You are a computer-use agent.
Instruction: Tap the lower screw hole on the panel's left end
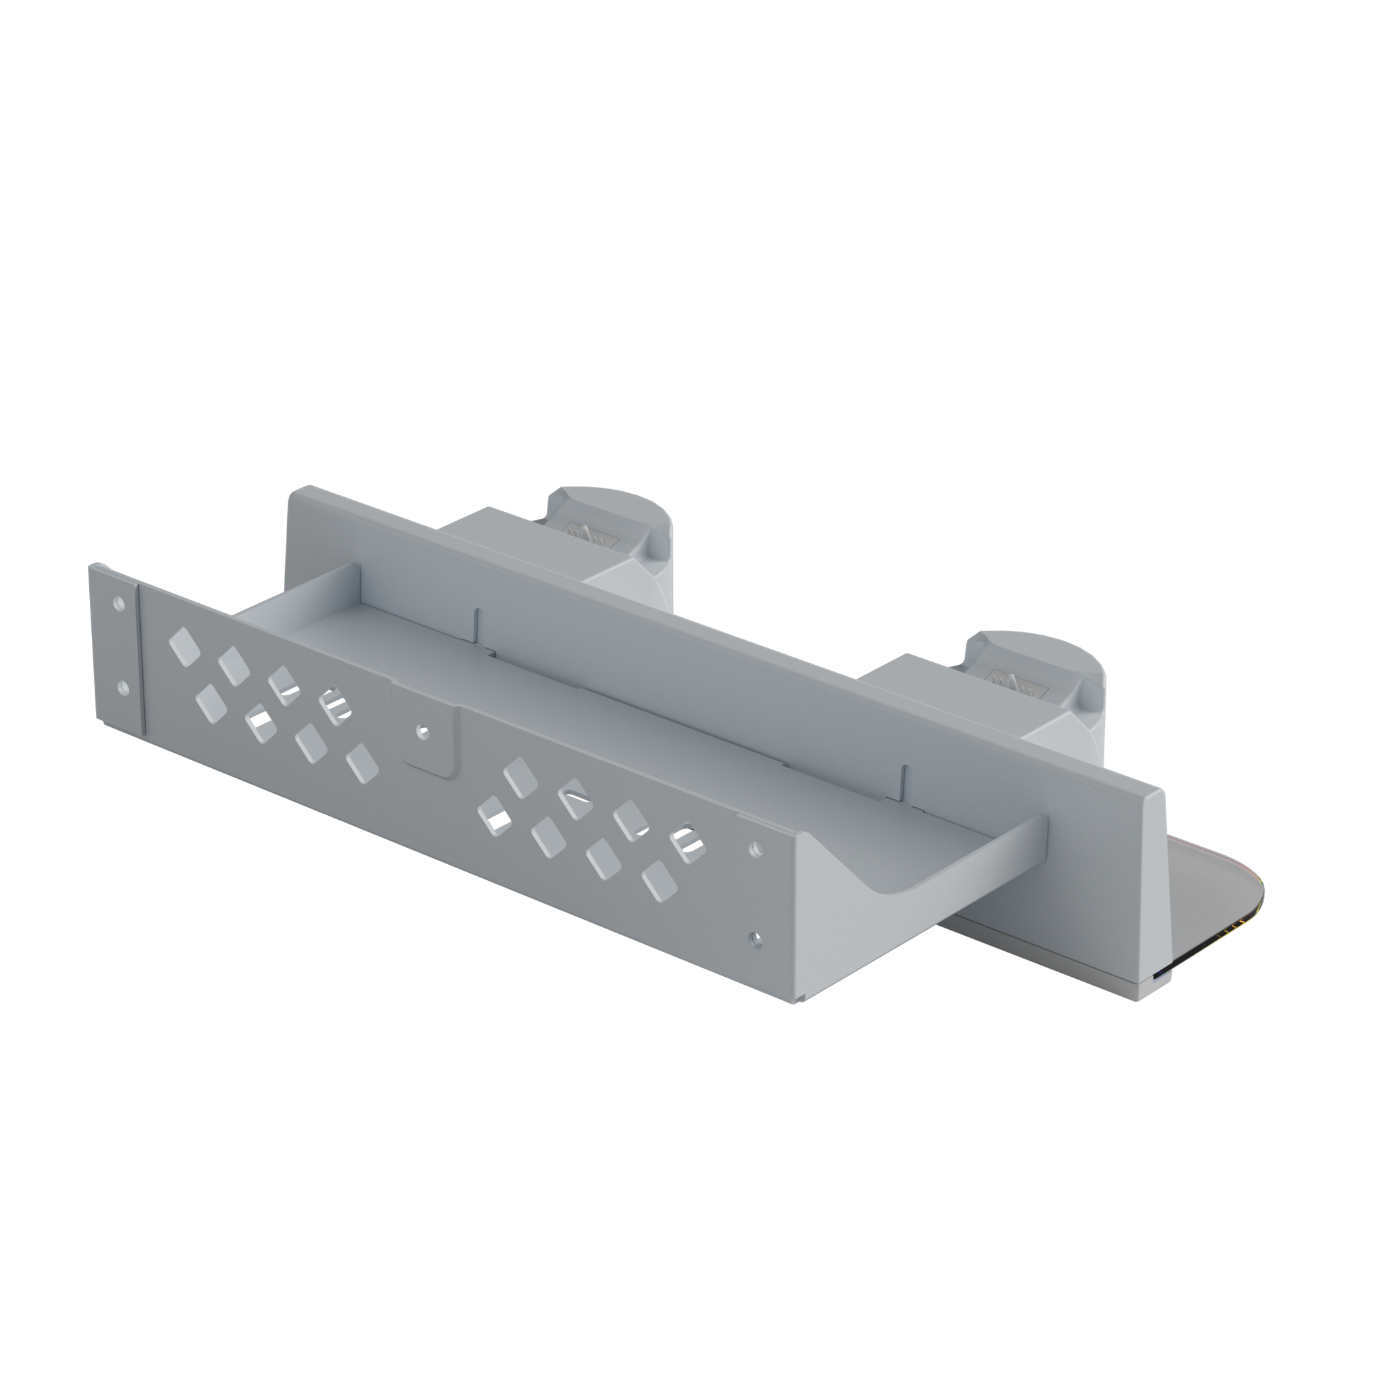(x=122, y=688)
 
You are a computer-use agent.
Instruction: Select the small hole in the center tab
(x=424, y=731)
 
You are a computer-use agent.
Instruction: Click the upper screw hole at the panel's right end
(x=756, y=849)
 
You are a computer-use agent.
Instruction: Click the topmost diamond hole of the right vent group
(x=520, y=777)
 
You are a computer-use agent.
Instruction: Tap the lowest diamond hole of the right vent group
(x=659, y=882)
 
